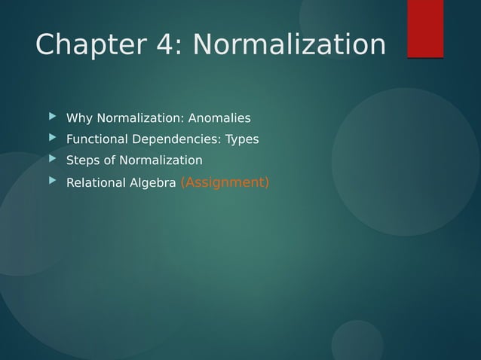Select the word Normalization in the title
(289, 45)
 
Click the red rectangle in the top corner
(425, 28)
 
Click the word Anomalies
(219, 118)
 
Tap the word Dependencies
(177, 139)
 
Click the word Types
(242, 139)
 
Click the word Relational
(96, 183)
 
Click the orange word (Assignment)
(225, 182)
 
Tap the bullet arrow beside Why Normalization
(52, 117)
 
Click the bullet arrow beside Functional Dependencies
(52, 139)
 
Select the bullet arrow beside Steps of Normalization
(52, 160)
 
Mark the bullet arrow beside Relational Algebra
(52, 182)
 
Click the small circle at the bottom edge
(357, 343)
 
